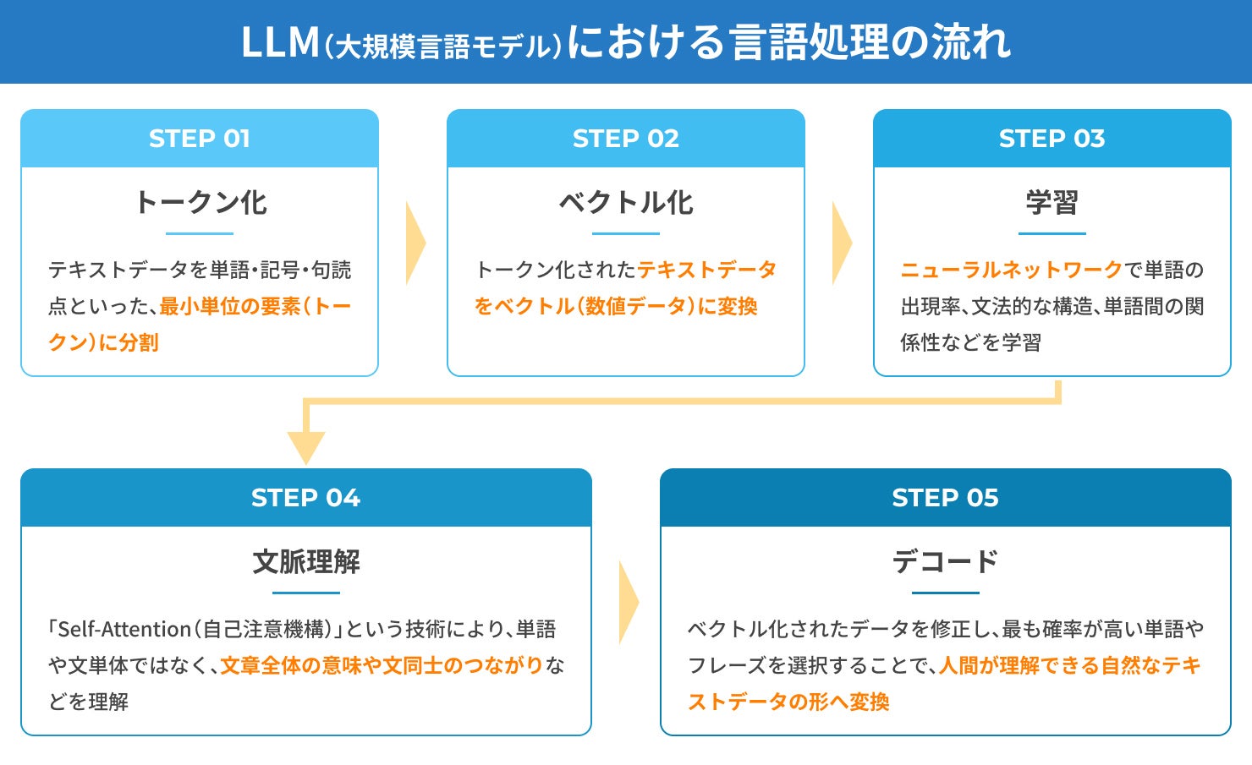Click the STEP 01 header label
tap(200, 139)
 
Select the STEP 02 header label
tap(625, 139)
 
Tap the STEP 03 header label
tap(1052, 139)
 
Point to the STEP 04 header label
tap(305, 498)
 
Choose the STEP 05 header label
tap(945, 498)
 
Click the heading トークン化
tap(200, 202)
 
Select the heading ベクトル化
tap(626, 202)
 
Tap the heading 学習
tap(1052, 202)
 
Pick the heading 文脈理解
tap(306, 561)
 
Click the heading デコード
tap(945, 561)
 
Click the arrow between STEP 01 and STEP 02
tap(415, 243)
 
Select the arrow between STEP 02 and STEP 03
tap(842, 243)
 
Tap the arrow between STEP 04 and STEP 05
tap(629, 603)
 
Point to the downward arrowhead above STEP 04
tap(306, 445)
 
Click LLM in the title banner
tap(280, 42)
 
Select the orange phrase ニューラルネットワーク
tap(1012, 270)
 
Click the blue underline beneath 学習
tap(1052, 233)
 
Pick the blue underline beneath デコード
tap(945, 593)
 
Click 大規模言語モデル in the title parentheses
tap(443, 46)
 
